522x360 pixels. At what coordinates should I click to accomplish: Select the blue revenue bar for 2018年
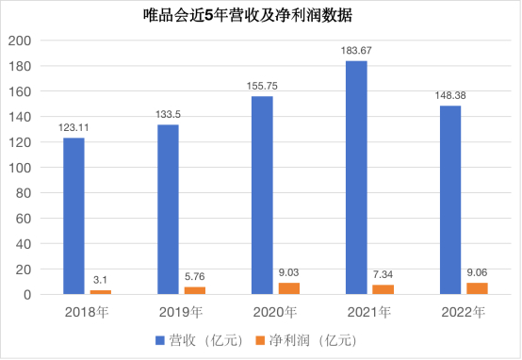(x=73, y=216)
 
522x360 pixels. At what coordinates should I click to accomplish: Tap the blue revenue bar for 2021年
(x=356, y=178)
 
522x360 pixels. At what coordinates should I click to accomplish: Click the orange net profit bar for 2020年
(x=289, y=288)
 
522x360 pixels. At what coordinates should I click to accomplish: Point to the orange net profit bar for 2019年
(x=195, y=290)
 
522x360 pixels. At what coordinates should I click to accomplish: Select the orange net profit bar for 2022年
(x=478, y=288)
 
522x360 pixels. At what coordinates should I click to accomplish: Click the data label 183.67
(x=356, y=50)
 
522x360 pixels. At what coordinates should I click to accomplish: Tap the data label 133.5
(x=168, y=114)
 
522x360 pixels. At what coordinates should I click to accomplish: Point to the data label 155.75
(x=262, y=86)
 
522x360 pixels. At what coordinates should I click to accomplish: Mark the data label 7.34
(x=383, y=273)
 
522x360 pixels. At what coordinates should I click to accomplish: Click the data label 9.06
(x=478, y=271)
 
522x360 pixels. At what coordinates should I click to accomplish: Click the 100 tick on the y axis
(x=20, y=168)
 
